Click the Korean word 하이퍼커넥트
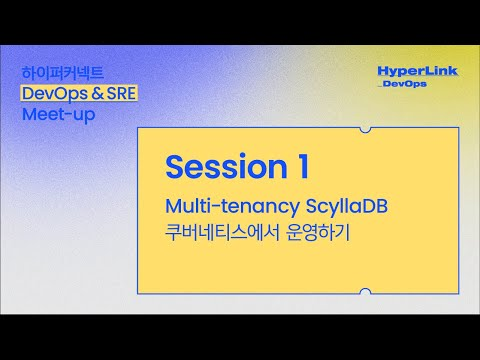pos(62,73)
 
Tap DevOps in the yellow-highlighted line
pos(49,93)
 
